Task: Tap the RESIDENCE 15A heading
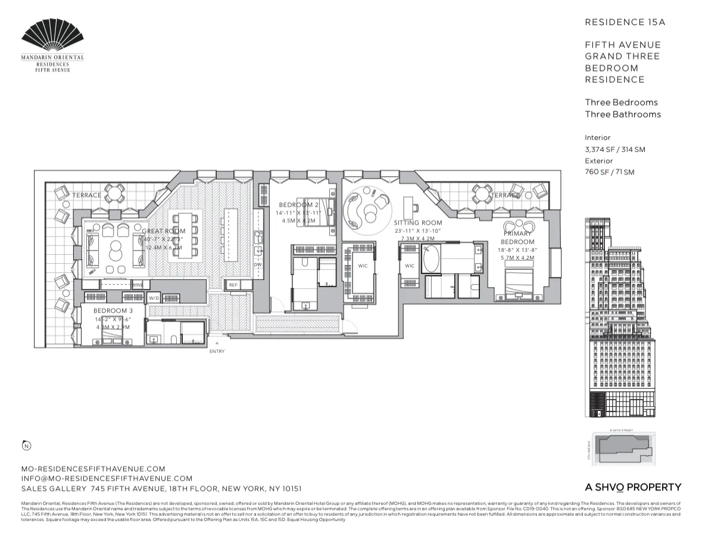click(x=625, y=22)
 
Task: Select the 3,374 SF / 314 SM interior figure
click(x=614, y=149)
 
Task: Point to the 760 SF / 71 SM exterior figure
click(x=609, y=172)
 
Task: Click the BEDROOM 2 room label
click(x=298, y=205)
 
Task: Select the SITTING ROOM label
click(x=418, y=223)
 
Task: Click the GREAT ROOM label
click(x=164, y=231)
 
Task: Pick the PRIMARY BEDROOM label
click(x=517, y=238)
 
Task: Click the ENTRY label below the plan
click(x=217, y=351)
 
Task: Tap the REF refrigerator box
click(x=233, y=285)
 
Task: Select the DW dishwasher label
click(x=258, y=264)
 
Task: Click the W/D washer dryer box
click(x=154, y=298)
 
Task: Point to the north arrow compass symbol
click(x=26, y=445)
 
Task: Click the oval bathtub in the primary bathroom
click(x=431, y=259)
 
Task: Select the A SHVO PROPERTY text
click(x=633, y=487)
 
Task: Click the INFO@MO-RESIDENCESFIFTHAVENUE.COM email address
click(x=107, y=478)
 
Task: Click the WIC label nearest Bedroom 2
click(x=363, y=266)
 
